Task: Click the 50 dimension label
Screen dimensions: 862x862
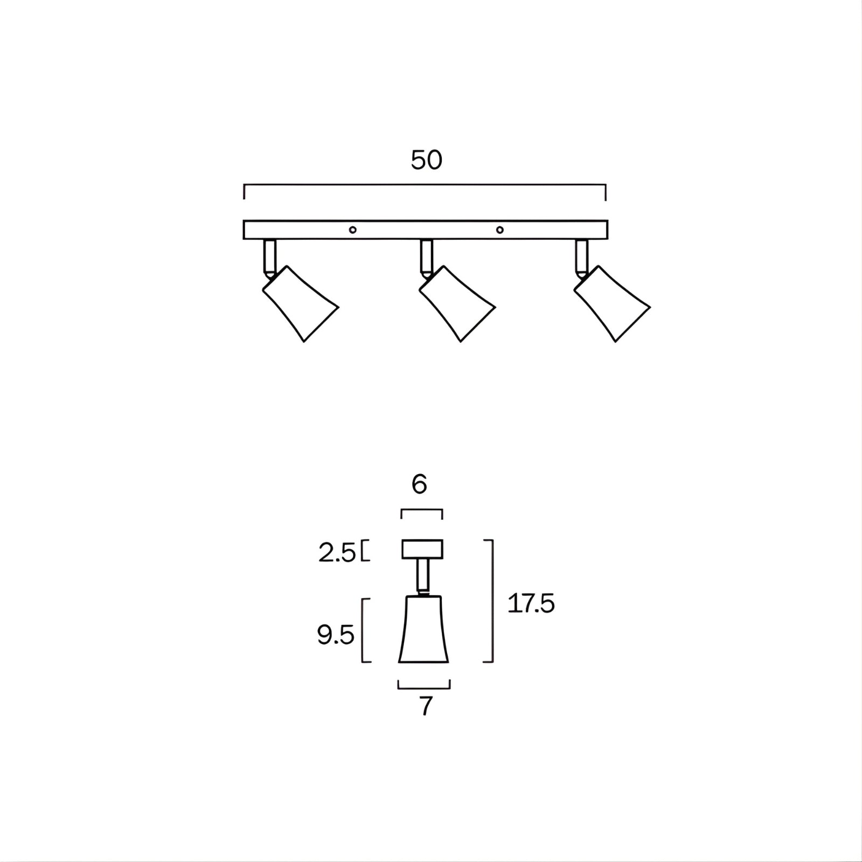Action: click(426, 160)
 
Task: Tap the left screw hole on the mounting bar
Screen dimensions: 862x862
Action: click(352, 230)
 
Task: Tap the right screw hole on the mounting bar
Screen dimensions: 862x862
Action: click(500, 230)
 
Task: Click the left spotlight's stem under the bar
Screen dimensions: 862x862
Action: click(270, 256)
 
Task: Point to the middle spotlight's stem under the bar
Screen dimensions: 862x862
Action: click(426, 256)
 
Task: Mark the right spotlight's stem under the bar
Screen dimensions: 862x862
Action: click(581, 256)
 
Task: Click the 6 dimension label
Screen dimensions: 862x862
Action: click(419, 485)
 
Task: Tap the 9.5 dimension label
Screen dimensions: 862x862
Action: click(335, 636)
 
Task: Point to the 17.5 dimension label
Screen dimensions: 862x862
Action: click(531, 604)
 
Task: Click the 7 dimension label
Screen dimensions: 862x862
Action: click(426, 706)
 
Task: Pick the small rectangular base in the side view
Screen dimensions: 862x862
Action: click(422, 549)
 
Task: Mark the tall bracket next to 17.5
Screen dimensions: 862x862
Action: click(492, 601)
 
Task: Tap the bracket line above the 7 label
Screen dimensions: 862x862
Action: click(424, 688)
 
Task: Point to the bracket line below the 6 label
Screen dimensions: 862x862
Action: click(422, 510)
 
